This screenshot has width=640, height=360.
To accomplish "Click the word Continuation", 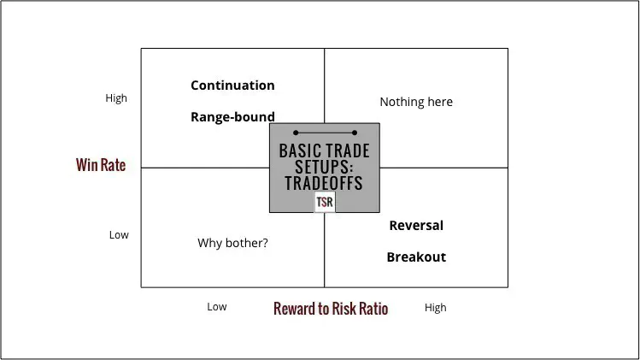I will pyautogui.click(x=232, y=86).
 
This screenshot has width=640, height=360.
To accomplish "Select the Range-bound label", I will pyautogui.click(x=232, y=117).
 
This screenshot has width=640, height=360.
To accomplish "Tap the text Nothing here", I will pyautogui.click(x=416, y=102).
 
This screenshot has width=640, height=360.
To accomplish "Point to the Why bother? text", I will pyautogui.click(x=232, y=244).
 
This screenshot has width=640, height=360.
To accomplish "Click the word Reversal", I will pyautogui.click(x=416, y=226).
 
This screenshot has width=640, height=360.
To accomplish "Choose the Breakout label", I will pyautogui.click(x=416, y=257).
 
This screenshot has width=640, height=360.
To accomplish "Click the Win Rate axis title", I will pyautogui.click(x=101, y=165).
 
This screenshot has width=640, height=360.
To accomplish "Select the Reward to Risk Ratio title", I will pyautogui.click(x=331, y=309).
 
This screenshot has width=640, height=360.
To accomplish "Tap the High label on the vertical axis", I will pyautogui.click(x=116, y=98).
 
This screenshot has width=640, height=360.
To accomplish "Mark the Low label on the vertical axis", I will pyautogui.click(x=119, y=235).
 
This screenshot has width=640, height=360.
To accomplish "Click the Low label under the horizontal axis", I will pyautogui.click(x=217, y=307).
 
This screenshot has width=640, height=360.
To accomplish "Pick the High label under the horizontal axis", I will pyautogui.click(x=435, y=308).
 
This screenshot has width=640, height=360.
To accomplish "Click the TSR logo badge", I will pyautogui.click(x=324, y=203).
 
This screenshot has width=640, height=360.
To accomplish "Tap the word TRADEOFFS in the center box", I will pyautogui.click(x=325, y=183).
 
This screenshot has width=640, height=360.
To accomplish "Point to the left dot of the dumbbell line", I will pyautogui.click(x=296, y=133).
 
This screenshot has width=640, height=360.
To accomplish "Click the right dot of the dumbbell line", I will pyautogui.click(x=354, y=133).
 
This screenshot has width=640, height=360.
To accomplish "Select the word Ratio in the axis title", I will pyautogui.click(x=371, y=309).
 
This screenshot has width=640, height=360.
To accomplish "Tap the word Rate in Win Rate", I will pyautogui.click(x=113, y=165).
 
